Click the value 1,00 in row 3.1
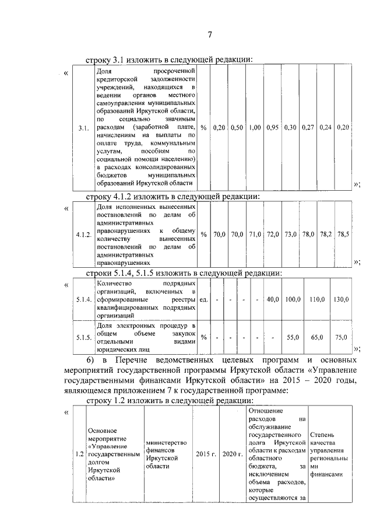coord(254,127)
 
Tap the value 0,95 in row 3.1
coord(272,127)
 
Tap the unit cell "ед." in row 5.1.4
coord(204,299)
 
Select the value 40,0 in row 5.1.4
coord(272,299)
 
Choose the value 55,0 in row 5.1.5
coord(293,337)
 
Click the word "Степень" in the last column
coord(322,435)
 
